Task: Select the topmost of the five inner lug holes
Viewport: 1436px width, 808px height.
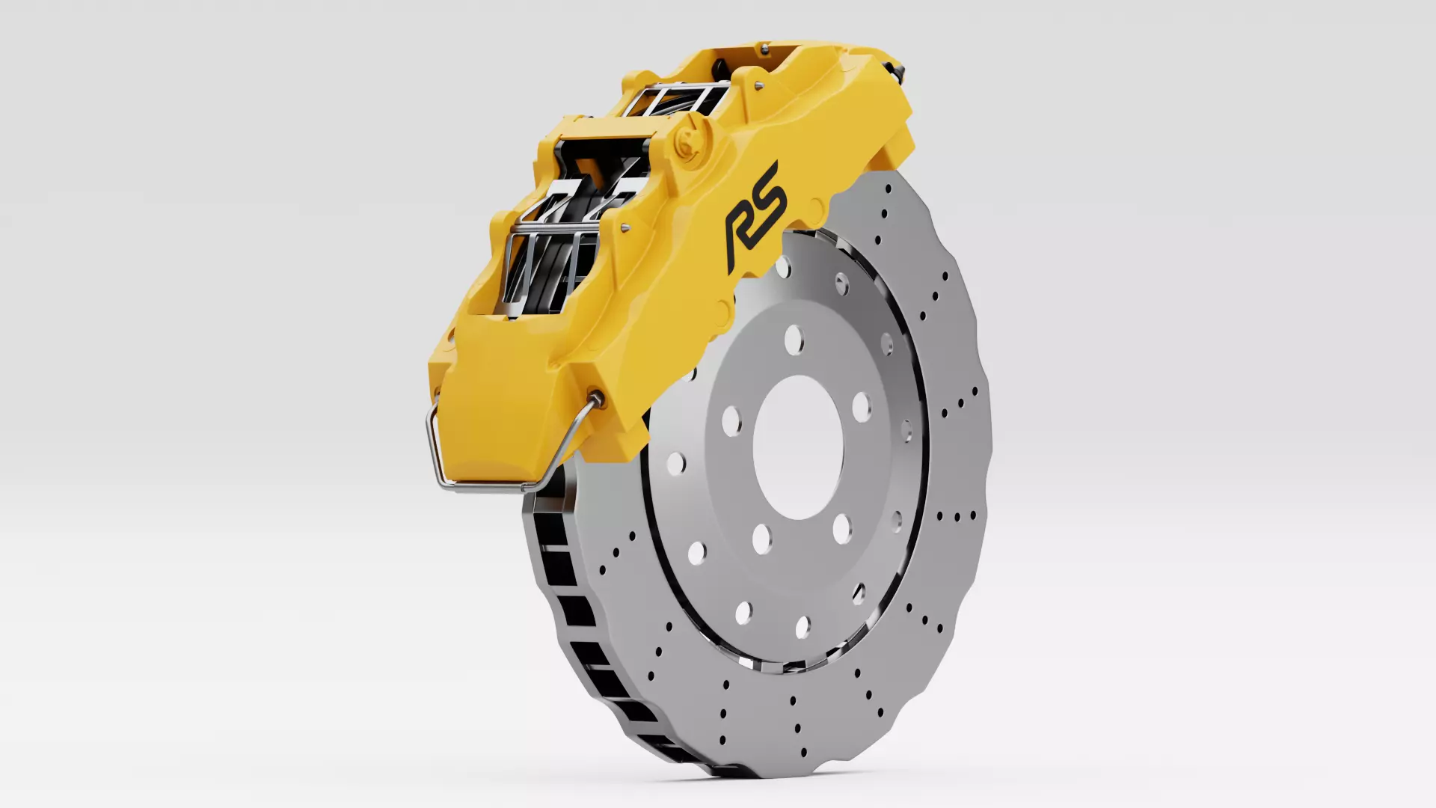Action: (793, 340)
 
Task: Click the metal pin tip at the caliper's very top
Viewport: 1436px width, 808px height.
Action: (764, 49)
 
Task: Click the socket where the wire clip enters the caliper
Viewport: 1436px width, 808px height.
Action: (595, 398)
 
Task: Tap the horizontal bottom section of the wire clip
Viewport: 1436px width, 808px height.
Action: (486, 486)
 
